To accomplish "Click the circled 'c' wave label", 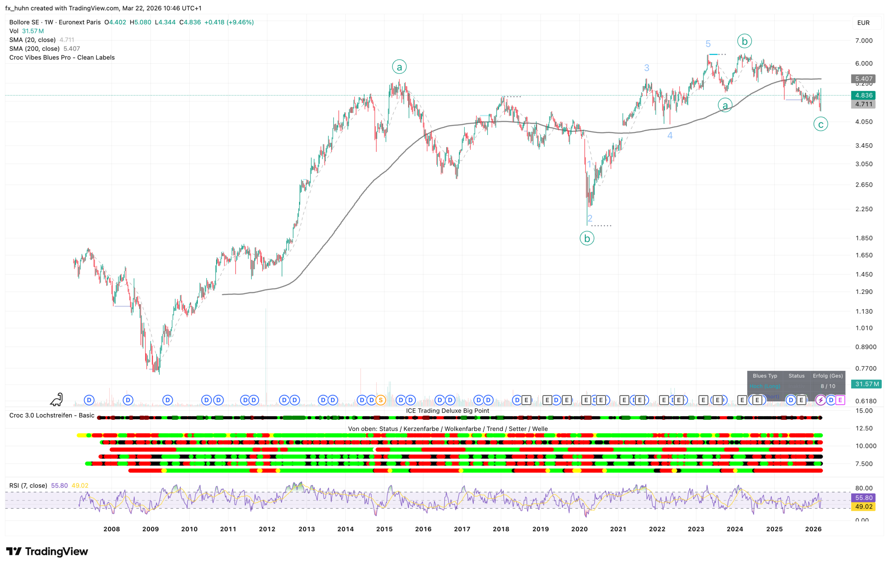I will tap(820, 124).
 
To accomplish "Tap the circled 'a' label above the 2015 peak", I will tap(399, 67).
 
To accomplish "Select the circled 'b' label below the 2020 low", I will tap(587, 238).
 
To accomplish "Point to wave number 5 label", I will tap(708, 44).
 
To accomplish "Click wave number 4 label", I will tap(670, 135).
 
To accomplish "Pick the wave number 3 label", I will tap(646, 68).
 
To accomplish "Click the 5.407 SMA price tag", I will tap(863, 79).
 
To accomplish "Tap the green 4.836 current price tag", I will tap(863, 95).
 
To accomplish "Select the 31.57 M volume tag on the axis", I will tap(866, 384).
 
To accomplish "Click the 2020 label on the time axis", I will tap(579, 529).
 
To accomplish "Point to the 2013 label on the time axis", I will tap(307, 529).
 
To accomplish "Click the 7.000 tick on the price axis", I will tap(864, 41).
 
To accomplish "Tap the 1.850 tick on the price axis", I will tap(864, 238).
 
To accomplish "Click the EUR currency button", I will tap(863, 23).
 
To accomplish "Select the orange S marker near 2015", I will tap(380, 400).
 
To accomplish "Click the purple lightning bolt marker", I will tap(820, 400).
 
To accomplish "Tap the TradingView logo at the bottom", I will tap(47, 551).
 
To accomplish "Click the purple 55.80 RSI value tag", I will tap(863, 498).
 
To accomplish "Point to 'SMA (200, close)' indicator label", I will tap(34, 49).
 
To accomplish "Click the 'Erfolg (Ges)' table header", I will tap(828, 376).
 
